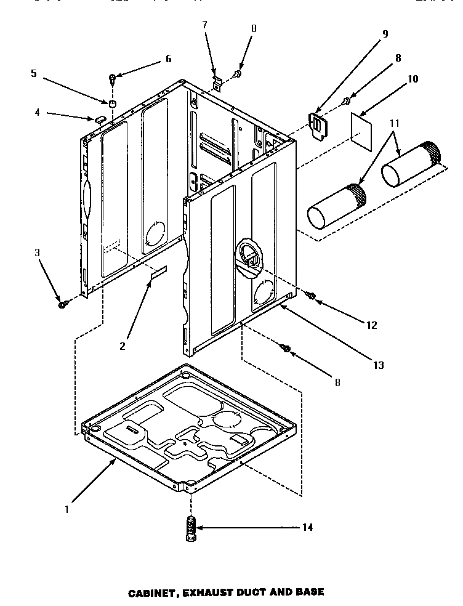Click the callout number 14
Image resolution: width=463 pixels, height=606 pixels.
click(307, 527)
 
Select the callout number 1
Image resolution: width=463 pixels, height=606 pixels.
click(67, 510)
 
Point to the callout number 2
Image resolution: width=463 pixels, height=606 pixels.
click(123, 346)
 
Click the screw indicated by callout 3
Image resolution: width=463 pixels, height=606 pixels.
click(62, 304)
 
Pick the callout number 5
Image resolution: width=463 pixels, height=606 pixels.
click(33, 73)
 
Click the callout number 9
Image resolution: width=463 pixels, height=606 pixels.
click(385, 34)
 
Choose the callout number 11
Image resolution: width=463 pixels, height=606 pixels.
click(395, 123)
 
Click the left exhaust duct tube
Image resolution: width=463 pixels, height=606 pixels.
click(336, 205)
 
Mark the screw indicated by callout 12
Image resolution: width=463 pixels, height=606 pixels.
click(312, 297)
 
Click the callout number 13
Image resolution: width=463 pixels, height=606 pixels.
click(378, 365)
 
